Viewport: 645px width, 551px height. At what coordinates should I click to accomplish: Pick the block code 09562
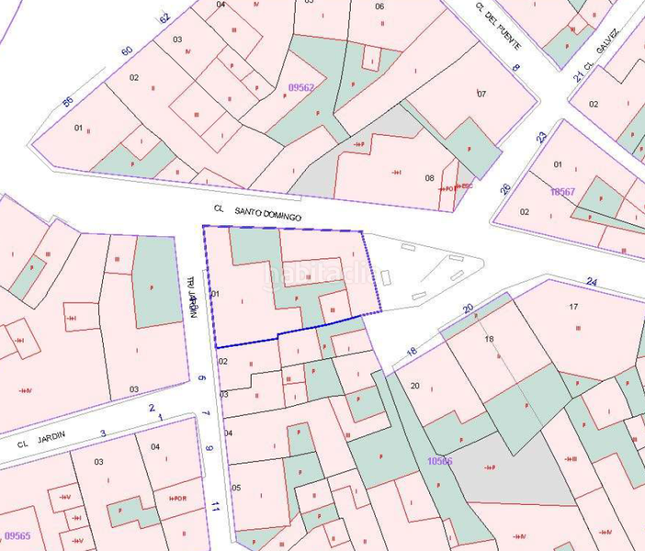click(x=301, y=88)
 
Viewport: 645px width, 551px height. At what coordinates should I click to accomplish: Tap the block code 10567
click(x=562, y=192)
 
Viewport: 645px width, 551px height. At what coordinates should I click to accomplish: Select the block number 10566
click(x=439, y=461)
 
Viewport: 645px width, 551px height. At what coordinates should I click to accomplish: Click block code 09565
click(x=17, y=535)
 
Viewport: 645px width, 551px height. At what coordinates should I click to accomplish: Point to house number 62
click(x=165, y=17)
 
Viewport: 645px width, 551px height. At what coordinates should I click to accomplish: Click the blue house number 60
click(x=127, y=50)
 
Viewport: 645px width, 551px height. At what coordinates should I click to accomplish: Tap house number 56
click(x=67, y=101)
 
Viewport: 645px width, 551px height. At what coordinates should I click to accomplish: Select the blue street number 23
click(x=542, y=137)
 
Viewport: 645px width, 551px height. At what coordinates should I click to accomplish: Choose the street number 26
click(x=504, y=189)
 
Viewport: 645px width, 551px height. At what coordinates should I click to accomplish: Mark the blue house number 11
click(x=215, y=506)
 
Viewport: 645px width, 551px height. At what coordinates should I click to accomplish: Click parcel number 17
click(x=573, y=306)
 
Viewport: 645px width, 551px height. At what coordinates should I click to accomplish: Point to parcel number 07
click(x=481, y=94)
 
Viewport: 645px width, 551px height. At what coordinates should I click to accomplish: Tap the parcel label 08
click(x=429, y=177)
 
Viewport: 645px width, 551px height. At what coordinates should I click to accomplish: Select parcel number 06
click(x=379, y=6)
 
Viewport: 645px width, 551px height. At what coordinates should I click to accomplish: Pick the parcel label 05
click(x=236, y=488)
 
